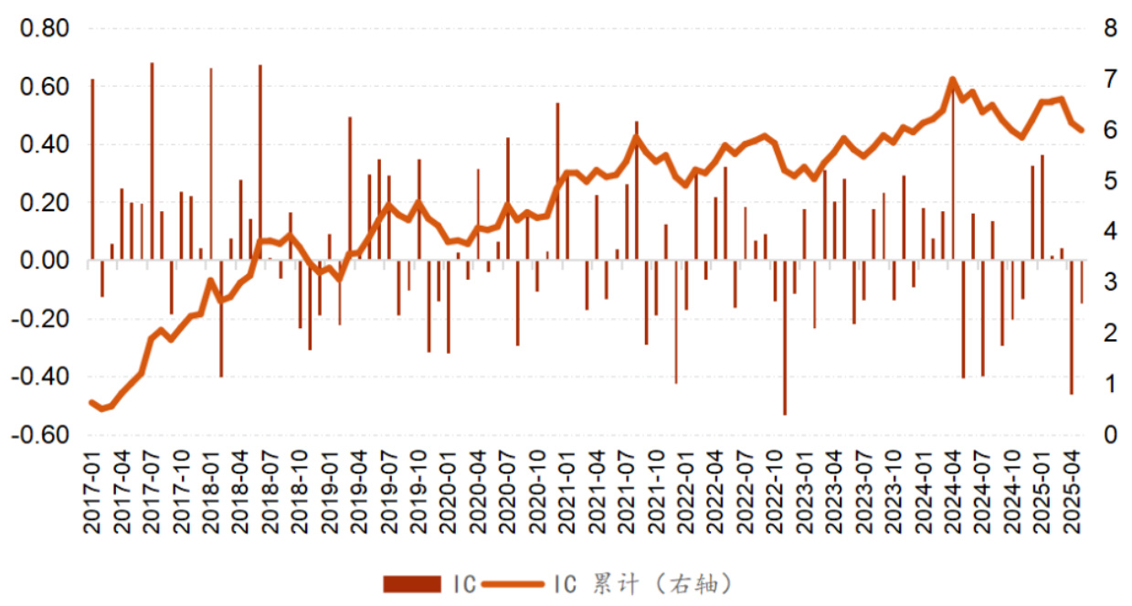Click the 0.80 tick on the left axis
click(45, 29)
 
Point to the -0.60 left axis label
click(42, 435)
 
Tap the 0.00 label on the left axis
click(45, 261)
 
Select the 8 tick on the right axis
click(1110, 29)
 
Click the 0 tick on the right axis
click(1110, 435)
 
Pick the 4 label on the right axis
click(1110, 232)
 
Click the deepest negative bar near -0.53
click(785, 338)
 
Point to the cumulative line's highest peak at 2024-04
click(953, 80)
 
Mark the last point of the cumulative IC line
click(1082, 130)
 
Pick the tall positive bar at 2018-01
click(211, 165)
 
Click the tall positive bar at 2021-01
click(557, 182)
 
